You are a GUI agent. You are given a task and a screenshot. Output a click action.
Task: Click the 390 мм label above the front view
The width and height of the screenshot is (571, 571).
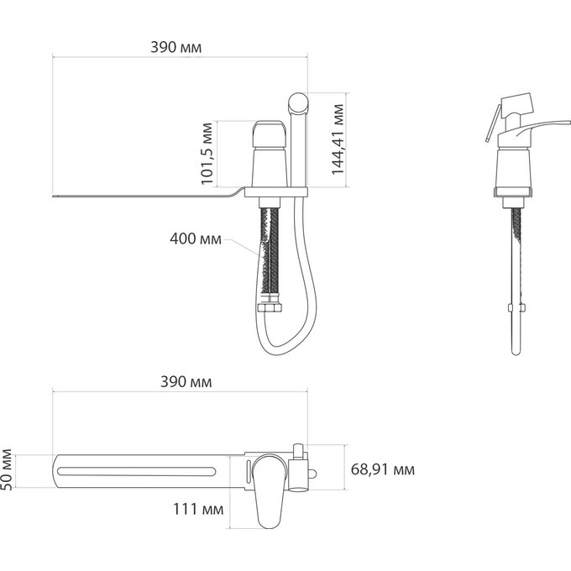(x=175, y=47)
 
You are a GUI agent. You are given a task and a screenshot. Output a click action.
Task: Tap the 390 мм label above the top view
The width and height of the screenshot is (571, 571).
(x=186, y=382)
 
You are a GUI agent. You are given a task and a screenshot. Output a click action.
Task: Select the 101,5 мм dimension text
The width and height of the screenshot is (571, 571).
(x=207, y=154)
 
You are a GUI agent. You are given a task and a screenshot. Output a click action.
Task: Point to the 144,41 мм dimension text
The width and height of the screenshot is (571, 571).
(x=338, y=139)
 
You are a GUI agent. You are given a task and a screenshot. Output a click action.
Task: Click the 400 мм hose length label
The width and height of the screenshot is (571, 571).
(x=196, y=238)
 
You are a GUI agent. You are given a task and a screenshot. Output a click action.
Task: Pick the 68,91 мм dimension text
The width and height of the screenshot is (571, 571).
(x=383, y=469)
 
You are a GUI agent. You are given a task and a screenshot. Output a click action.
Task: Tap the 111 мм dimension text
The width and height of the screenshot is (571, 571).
(x=198, y=509)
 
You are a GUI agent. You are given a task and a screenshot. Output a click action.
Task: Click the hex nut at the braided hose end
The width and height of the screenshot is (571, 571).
(x=270, y=308)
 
